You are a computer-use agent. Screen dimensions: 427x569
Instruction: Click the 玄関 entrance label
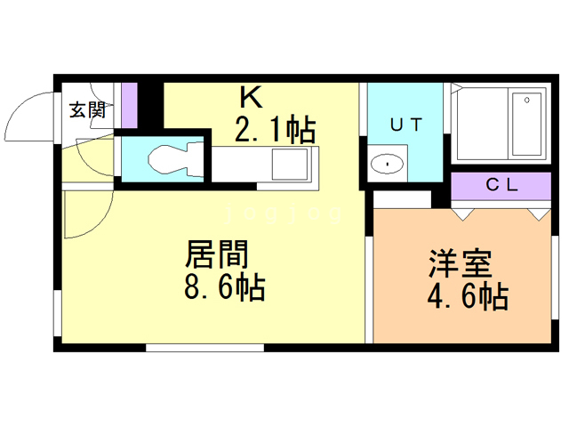pos(88,110)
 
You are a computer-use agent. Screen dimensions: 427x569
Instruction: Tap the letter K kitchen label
pos(248,95)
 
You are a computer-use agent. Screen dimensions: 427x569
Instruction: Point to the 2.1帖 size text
pos(275,131)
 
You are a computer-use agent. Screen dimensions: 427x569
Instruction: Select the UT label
pos(405,125)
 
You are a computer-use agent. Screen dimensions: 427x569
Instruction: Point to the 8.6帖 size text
pos(225,288)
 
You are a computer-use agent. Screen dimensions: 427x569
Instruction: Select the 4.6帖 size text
pos(468,295)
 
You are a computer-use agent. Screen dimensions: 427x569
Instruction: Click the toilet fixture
pos(164,160)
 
